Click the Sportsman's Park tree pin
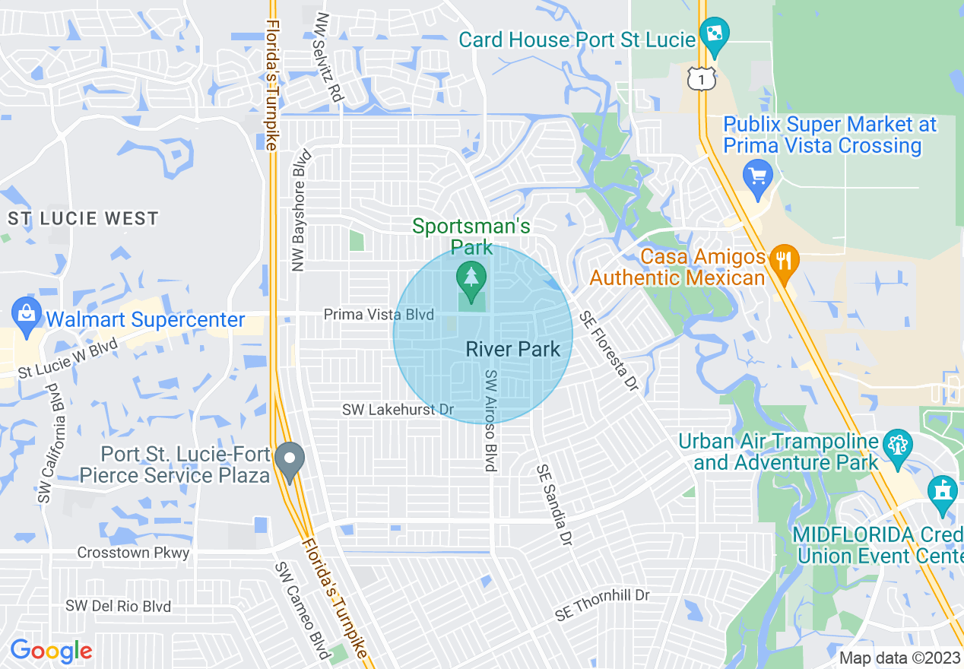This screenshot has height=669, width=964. point(471,278)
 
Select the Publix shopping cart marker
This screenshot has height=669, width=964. point(758,176)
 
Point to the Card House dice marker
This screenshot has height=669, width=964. point(714,35)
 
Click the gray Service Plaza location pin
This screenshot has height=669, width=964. point(289,460)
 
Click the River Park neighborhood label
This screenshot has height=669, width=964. point(512,350)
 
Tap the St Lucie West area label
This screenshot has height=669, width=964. point(83,219)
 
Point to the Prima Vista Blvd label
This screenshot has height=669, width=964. point(379,315)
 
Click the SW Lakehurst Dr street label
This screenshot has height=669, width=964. point(398,410)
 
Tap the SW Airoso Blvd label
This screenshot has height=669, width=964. point(491,420)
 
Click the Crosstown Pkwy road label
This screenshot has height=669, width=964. point(133,553)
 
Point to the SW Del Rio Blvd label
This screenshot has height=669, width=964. point(118,607)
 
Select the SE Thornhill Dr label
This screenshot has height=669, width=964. point(602,604)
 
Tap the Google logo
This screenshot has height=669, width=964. point(51,651)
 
